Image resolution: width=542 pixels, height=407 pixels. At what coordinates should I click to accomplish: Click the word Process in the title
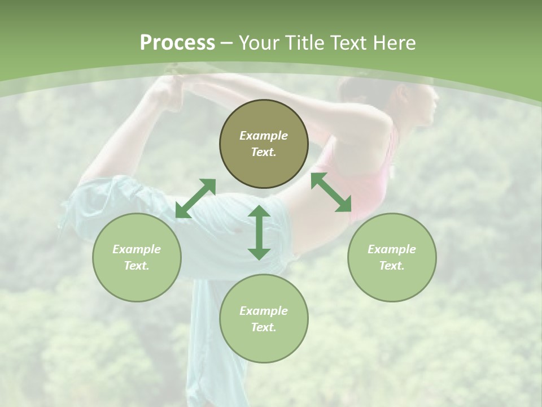point(177,43)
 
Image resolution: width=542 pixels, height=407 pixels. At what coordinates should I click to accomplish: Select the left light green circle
point(137,257)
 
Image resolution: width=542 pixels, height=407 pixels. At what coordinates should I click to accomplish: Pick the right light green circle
point(392,257)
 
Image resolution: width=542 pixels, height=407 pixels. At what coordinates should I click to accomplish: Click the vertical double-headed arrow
point(259,232)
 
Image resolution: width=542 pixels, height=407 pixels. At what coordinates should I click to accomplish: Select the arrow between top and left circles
point(195,198)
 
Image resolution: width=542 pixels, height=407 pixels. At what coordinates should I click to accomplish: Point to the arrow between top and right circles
point(331,192)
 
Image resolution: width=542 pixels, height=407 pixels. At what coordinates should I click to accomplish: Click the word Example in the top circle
point(264,136)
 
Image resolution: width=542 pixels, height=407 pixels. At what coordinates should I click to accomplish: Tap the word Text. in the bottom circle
point(264,327)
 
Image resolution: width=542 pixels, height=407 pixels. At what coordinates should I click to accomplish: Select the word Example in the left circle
point(137,249)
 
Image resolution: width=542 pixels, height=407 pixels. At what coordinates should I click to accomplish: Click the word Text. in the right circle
point(392,266)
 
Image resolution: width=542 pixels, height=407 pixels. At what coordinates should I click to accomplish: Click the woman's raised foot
point(169,90)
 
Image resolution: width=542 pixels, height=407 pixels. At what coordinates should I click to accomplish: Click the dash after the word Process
point(227,43)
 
